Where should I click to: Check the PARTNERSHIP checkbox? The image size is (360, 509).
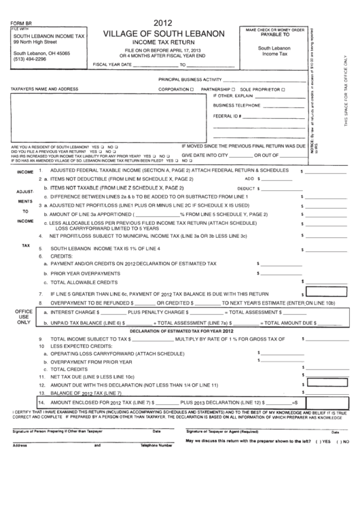tap(233, 89)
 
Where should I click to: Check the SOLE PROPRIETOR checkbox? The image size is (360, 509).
tap(285, 89)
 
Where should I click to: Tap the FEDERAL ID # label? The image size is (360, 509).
tap(228, 116)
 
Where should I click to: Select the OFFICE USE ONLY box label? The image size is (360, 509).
tap(24, 317)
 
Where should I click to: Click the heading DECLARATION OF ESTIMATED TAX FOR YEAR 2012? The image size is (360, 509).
tap(180, 330)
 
